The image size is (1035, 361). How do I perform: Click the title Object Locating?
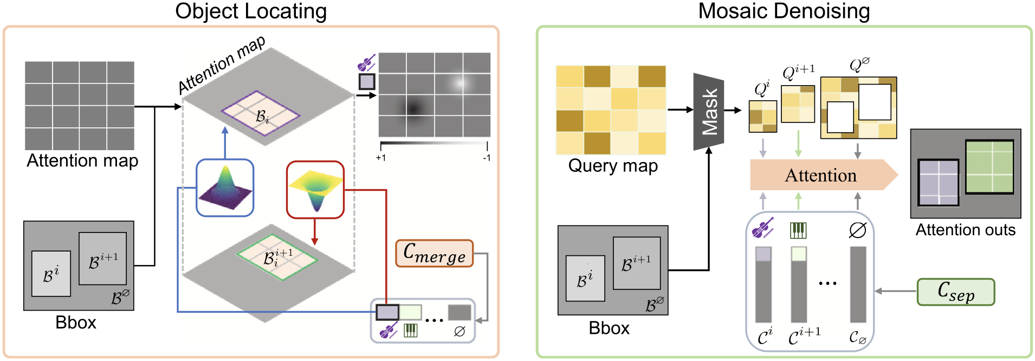[251, 11]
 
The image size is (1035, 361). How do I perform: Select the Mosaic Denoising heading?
[784, 11]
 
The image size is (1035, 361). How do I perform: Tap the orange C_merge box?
[435, 253]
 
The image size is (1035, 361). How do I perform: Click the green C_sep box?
[956, 292]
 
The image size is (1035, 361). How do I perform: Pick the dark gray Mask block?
[709, 112]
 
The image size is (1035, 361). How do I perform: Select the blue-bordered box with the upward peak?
[225, 188]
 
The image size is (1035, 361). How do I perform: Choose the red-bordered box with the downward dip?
[315, 190]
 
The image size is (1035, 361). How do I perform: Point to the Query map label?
[613, 165]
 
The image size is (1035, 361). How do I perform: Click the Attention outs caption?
[966, 230]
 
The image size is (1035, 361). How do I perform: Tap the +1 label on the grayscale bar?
[380, 158]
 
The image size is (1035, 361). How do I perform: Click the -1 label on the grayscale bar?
[487, 158]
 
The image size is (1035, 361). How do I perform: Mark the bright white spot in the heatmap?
[460, 83]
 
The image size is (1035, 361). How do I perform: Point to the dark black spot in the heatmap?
[414, 108]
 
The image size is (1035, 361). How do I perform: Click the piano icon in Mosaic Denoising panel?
[798, 230]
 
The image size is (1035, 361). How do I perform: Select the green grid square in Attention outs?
[989, 167]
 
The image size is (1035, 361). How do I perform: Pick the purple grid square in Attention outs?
[939, 183]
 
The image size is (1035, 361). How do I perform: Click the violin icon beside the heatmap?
[366, 63]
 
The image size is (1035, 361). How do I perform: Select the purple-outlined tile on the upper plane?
[261, 113]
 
